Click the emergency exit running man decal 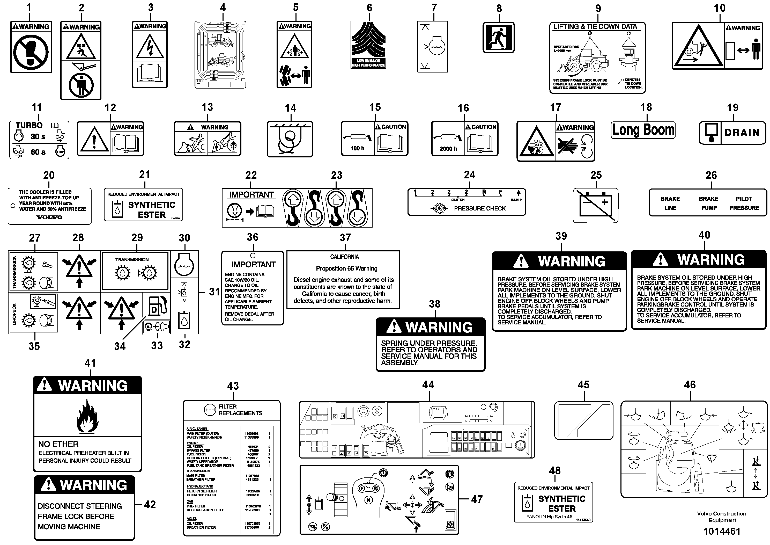pos(498,38)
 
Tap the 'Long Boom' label pos(643,130)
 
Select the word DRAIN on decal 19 pos(742,133)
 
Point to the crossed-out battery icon pos(595,205)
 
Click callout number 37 pos(345,238)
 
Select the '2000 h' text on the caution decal pos(448,149)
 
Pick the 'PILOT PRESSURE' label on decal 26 pos(744,203)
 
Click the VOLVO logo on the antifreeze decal pos(49,217)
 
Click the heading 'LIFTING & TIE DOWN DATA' pos(595,26)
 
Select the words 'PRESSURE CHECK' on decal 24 pos(480,208)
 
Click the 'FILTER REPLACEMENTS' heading pos(240,410)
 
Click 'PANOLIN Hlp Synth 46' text pos(549,517)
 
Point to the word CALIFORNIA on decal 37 pos(344,257)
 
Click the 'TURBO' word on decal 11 pos(29,125)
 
